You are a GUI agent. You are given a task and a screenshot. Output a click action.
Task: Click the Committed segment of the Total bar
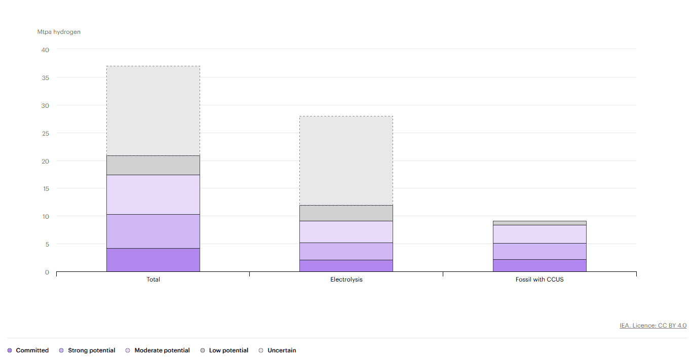click(x=153, y=260)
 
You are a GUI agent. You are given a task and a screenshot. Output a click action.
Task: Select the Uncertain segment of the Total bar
click(x=153, y=110)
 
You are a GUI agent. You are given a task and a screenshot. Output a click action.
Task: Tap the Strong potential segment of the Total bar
click(x=153, y=231)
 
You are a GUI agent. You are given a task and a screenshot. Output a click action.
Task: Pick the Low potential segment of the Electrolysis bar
click(x=346, y=213)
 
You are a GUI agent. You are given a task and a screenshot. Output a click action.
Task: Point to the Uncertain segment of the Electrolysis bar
click(x=346, y=161)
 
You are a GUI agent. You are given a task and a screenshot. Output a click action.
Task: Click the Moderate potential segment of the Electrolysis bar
click(x=346, y=232)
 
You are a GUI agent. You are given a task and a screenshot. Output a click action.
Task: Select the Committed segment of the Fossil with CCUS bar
click(x=539, y=265)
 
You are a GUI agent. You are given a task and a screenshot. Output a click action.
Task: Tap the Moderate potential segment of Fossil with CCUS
click(x=539, y=234)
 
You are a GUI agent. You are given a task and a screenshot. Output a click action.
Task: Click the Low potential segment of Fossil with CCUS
click(x=539, y=223)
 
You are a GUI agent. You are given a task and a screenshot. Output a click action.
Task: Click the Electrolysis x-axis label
click(x=346, y=279)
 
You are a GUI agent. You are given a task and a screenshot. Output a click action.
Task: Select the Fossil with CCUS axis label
click(x=539, y=279)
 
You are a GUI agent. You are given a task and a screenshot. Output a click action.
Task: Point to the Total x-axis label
click(x=153, y=279)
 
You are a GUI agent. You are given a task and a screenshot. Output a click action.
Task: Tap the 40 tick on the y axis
click(x=46, y=50)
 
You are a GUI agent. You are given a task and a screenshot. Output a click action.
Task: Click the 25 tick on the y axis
click(x=46, y=133)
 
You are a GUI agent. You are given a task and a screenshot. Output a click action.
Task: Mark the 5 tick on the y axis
click(x=47, y=244)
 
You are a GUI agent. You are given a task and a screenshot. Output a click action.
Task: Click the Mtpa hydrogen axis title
click(x=59, y=32)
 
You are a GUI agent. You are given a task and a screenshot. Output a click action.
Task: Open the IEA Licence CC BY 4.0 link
click(x=653, y=326)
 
